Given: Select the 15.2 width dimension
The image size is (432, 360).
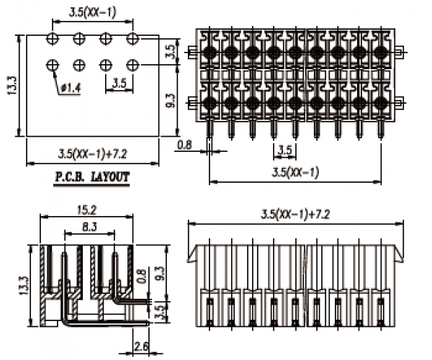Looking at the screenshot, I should point(86,210).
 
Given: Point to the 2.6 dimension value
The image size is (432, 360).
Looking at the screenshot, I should point(141,347).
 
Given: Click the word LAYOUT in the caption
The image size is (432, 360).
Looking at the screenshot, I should point(111,176).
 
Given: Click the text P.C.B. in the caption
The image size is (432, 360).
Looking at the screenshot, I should point(70,176).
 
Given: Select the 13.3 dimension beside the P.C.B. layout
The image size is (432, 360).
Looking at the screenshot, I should point(10,85).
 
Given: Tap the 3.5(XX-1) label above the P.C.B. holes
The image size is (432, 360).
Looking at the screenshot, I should point(91,12).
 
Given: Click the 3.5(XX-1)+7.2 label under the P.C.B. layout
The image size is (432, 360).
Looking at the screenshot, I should point(92,153).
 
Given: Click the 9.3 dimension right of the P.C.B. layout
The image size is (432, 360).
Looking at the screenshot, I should point(169,100).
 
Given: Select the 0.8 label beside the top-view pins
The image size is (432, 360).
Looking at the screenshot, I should point(184,145).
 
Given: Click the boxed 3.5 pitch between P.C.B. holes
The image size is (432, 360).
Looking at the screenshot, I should point(119,84).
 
